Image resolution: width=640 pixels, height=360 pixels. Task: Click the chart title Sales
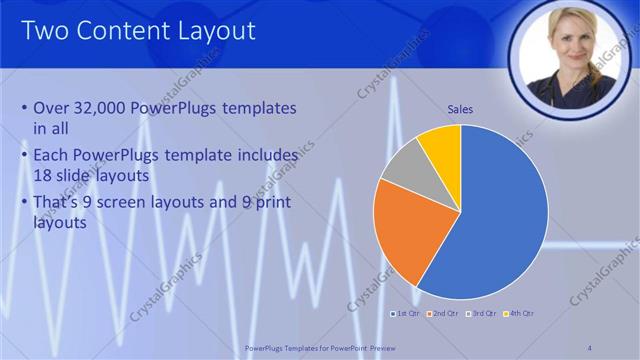coord(460,109)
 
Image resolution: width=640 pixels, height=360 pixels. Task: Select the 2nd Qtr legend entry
coord(445,314)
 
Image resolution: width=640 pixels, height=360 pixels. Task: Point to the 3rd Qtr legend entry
coord(482,314)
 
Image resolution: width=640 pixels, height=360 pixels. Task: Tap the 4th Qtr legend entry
coord(518,314)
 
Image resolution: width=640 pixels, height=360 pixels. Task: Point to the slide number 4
coord(589,347)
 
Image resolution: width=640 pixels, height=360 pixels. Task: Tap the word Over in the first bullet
coord(51,108)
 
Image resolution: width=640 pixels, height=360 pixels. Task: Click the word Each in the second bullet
coord(51,156)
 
